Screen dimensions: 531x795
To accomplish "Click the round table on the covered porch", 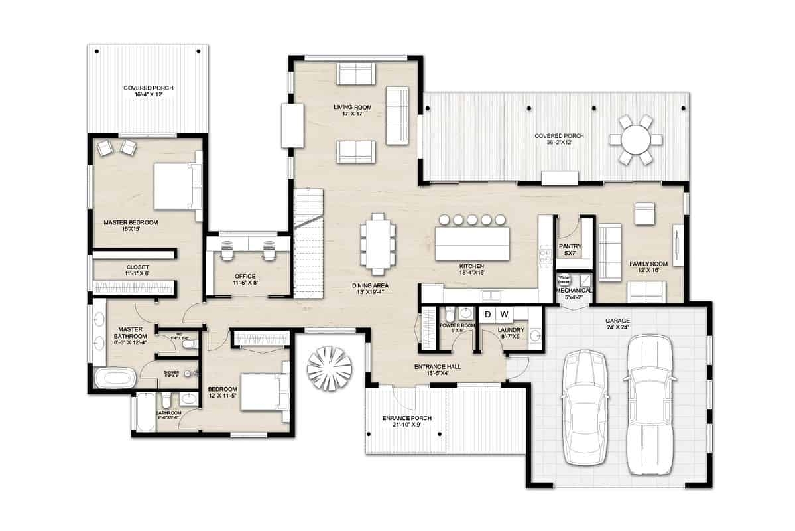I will tap(636, 139).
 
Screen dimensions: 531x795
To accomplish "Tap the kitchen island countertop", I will tap(472, 244).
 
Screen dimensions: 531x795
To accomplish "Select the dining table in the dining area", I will tap(377, 244).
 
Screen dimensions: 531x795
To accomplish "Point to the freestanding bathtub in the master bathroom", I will tap(115, 379).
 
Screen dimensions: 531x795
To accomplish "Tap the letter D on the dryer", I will tap(487, 314).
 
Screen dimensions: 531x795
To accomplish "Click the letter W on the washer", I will tap(504, 314).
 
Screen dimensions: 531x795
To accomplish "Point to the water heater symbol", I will tap(564, 280).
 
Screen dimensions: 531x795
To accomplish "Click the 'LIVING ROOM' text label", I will tap(352, 107).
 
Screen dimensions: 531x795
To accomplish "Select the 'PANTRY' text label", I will tap(570, 246).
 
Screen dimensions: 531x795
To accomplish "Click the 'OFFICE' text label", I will tap(245, 276).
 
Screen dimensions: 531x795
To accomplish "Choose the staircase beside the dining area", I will tap(308, 242).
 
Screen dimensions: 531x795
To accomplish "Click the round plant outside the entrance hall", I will tap(330, 368).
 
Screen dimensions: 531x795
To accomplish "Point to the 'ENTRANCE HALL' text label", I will tap(438, 367).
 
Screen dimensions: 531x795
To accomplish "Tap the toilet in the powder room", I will tap(449, 313).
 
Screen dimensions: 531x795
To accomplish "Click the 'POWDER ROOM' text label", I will tap(458, 325).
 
